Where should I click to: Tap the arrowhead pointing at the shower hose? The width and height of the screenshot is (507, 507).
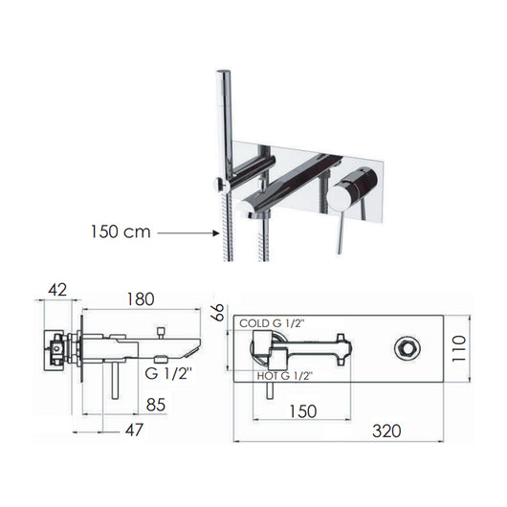tap(215, 231)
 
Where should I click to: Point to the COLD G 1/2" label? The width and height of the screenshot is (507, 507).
tap(273, 323)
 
